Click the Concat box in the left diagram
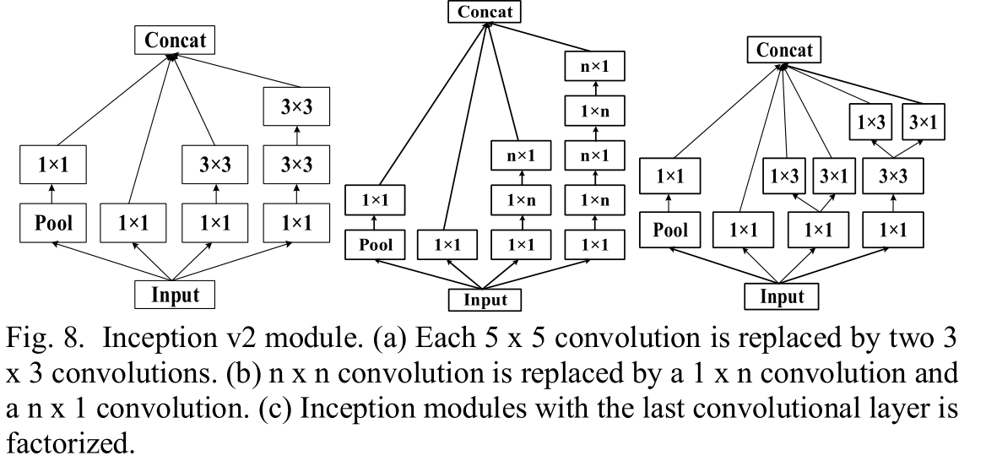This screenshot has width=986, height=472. click(175, 39)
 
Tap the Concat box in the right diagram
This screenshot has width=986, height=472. click(784, 51)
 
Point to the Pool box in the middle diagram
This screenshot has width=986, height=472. click(374, 244)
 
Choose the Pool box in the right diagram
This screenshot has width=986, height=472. click(672, 229)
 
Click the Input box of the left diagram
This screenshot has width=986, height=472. click(175, 294)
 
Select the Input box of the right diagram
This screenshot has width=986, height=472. click(783, 296)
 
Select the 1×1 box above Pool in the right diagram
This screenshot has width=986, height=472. click(672, 176)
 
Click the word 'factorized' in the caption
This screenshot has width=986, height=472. click(68, 445)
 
